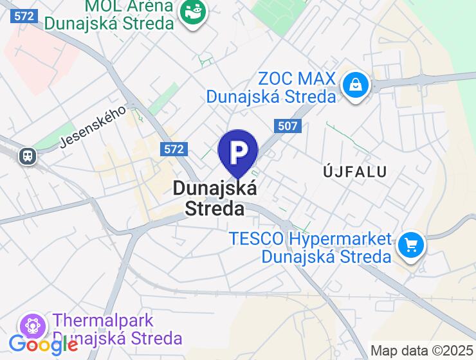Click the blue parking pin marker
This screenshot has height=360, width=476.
[238, 152]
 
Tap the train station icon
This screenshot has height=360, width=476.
[27, 155]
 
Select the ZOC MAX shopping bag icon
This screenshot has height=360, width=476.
[354, 84]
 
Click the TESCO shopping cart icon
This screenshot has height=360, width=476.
[410, 245]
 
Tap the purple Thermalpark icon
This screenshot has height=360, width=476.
[33, 324]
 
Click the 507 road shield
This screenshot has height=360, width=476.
[287, 125]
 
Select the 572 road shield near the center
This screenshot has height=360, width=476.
[174, 149]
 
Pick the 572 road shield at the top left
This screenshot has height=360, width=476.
[24, 16]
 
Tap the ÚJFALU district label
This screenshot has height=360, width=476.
[354, 172]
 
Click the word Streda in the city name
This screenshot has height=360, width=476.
[215, 209]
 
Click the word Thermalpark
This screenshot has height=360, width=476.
[104, 320]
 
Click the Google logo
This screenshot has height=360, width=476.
[43, 345]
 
